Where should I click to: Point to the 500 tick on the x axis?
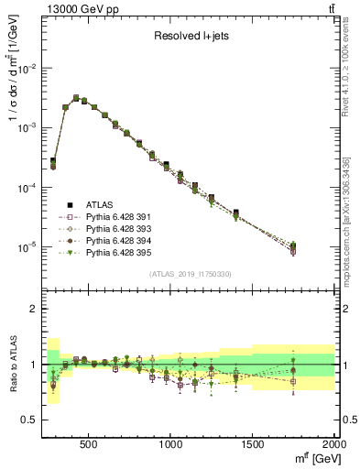89,444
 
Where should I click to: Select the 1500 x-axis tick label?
252,444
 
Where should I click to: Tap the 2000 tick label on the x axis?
333,444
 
